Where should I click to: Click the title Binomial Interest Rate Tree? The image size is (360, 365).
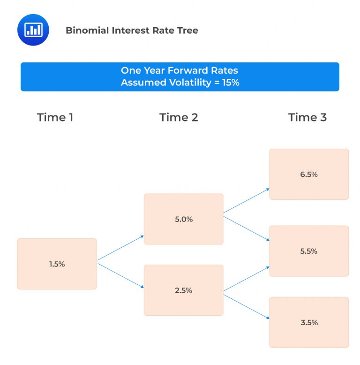click(132, 30)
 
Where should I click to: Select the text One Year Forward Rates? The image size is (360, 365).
click(180, 71)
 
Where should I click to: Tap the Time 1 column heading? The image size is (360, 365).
click(55, 117)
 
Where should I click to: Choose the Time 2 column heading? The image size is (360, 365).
click(179, 117)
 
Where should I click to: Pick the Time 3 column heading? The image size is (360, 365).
click(307, 117)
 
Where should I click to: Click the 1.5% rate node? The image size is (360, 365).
click(57, 264)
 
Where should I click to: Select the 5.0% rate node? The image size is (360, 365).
click(183, 219)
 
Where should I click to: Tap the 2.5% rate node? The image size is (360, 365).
click(183, 290)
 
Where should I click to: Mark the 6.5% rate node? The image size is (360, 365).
click(309, 175)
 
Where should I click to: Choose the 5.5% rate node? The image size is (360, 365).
click(309, 251)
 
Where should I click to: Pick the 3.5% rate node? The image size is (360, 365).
click(309, 322)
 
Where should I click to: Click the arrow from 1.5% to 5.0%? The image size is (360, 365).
click(120, 248)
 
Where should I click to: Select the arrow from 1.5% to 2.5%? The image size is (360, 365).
click(120, 275)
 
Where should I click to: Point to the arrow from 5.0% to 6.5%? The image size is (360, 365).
click(247, 201)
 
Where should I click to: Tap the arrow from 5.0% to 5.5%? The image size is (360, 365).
click(247, 227)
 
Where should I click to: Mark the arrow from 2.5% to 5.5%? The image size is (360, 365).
click(247, 279)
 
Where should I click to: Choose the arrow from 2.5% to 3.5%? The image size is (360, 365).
click(247, 305)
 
